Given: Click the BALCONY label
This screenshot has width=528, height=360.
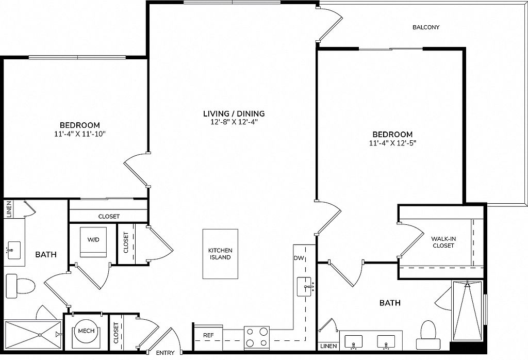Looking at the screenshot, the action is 426,27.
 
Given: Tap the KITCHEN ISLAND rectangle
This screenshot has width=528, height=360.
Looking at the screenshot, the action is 220,254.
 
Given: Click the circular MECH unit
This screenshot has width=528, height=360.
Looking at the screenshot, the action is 86,331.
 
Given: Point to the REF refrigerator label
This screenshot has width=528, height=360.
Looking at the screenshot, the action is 208,335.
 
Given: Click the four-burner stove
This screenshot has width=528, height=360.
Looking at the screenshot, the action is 257,337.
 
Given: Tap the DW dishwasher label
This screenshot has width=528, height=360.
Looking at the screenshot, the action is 299,258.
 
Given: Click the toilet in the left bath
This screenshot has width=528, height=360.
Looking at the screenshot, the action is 21,286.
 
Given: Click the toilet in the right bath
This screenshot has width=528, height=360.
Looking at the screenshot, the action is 428,335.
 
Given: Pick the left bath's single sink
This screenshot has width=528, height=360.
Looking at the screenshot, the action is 14,250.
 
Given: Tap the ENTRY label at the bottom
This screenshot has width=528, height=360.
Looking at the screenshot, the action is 166,353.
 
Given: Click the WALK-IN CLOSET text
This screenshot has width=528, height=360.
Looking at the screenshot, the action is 443,242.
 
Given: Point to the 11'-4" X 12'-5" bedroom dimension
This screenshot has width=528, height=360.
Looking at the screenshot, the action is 392,143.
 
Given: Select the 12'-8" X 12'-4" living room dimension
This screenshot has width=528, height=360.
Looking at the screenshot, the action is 234,122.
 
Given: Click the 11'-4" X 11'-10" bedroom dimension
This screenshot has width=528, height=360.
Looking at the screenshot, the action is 80,134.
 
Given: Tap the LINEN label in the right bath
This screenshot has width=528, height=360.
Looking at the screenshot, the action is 328,346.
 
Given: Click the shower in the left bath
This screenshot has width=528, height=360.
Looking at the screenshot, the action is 33,335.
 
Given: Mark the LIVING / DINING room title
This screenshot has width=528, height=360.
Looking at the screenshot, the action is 234,113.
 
